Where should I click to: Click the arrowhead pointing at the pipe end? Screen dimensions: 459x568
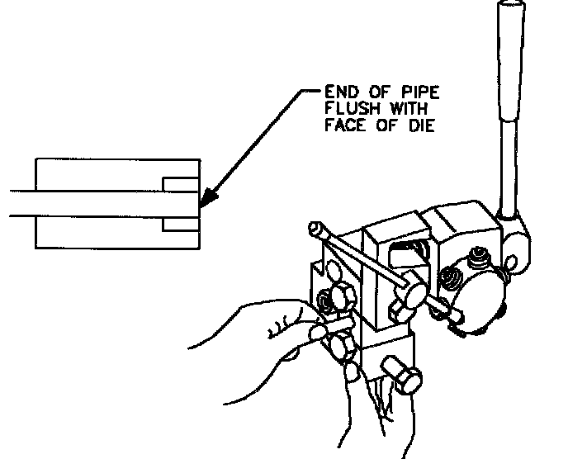207,199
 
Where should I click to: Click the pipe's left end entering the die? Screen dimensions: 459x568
17,203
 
